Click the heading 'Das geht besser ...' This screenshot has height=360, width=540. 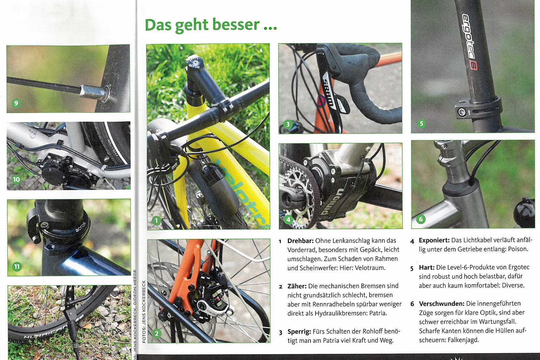tap(211, 25)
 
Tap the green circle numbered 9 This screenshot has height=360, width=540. tap(16, 103)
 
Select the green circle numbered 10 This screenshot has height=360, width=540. tap(17, 179)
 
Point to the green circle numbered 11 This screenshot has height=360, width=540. tap(17, 267)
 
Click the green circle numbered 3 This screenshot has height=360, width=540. tap(288, 124)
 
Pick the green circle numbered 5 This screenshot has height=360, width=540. tap(422, 123)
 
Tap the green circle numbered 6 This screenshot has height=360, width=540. tap(421, 219)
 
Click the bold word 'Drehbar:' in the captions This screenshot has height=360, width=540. tap(300, 241)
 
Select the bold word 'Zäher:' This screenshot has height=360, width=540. tap(297, 286)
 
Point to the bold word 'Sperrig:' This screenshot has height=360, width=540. tap(299, 332)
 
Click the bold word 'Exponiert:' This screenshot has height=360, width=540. tap(434, 240)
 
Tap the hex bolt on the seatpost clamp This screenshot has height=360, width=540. tap(462, 112)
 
